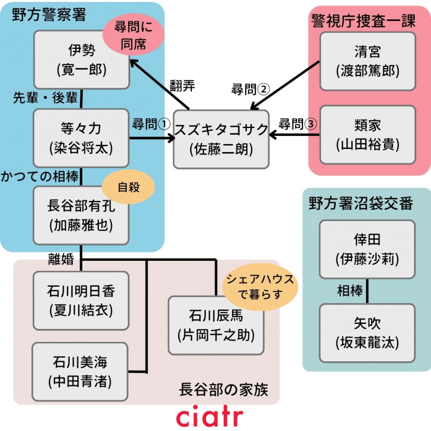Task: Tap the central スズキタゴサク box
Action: tap(221, 139)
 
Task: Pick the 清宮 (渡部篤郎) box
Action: tap(367, 61)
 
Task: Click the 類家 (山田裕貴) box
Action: tap(367, 134)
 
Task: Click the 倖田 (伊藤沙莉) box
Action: tap(367, 249)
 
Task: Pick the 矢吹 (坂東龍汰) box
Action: tap(367, 333)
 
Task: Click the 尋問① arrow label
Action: tap(151, 124)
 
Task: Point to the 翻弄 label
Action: tap(182, 86)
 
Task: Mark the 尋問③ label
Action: tap(297, 124)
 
